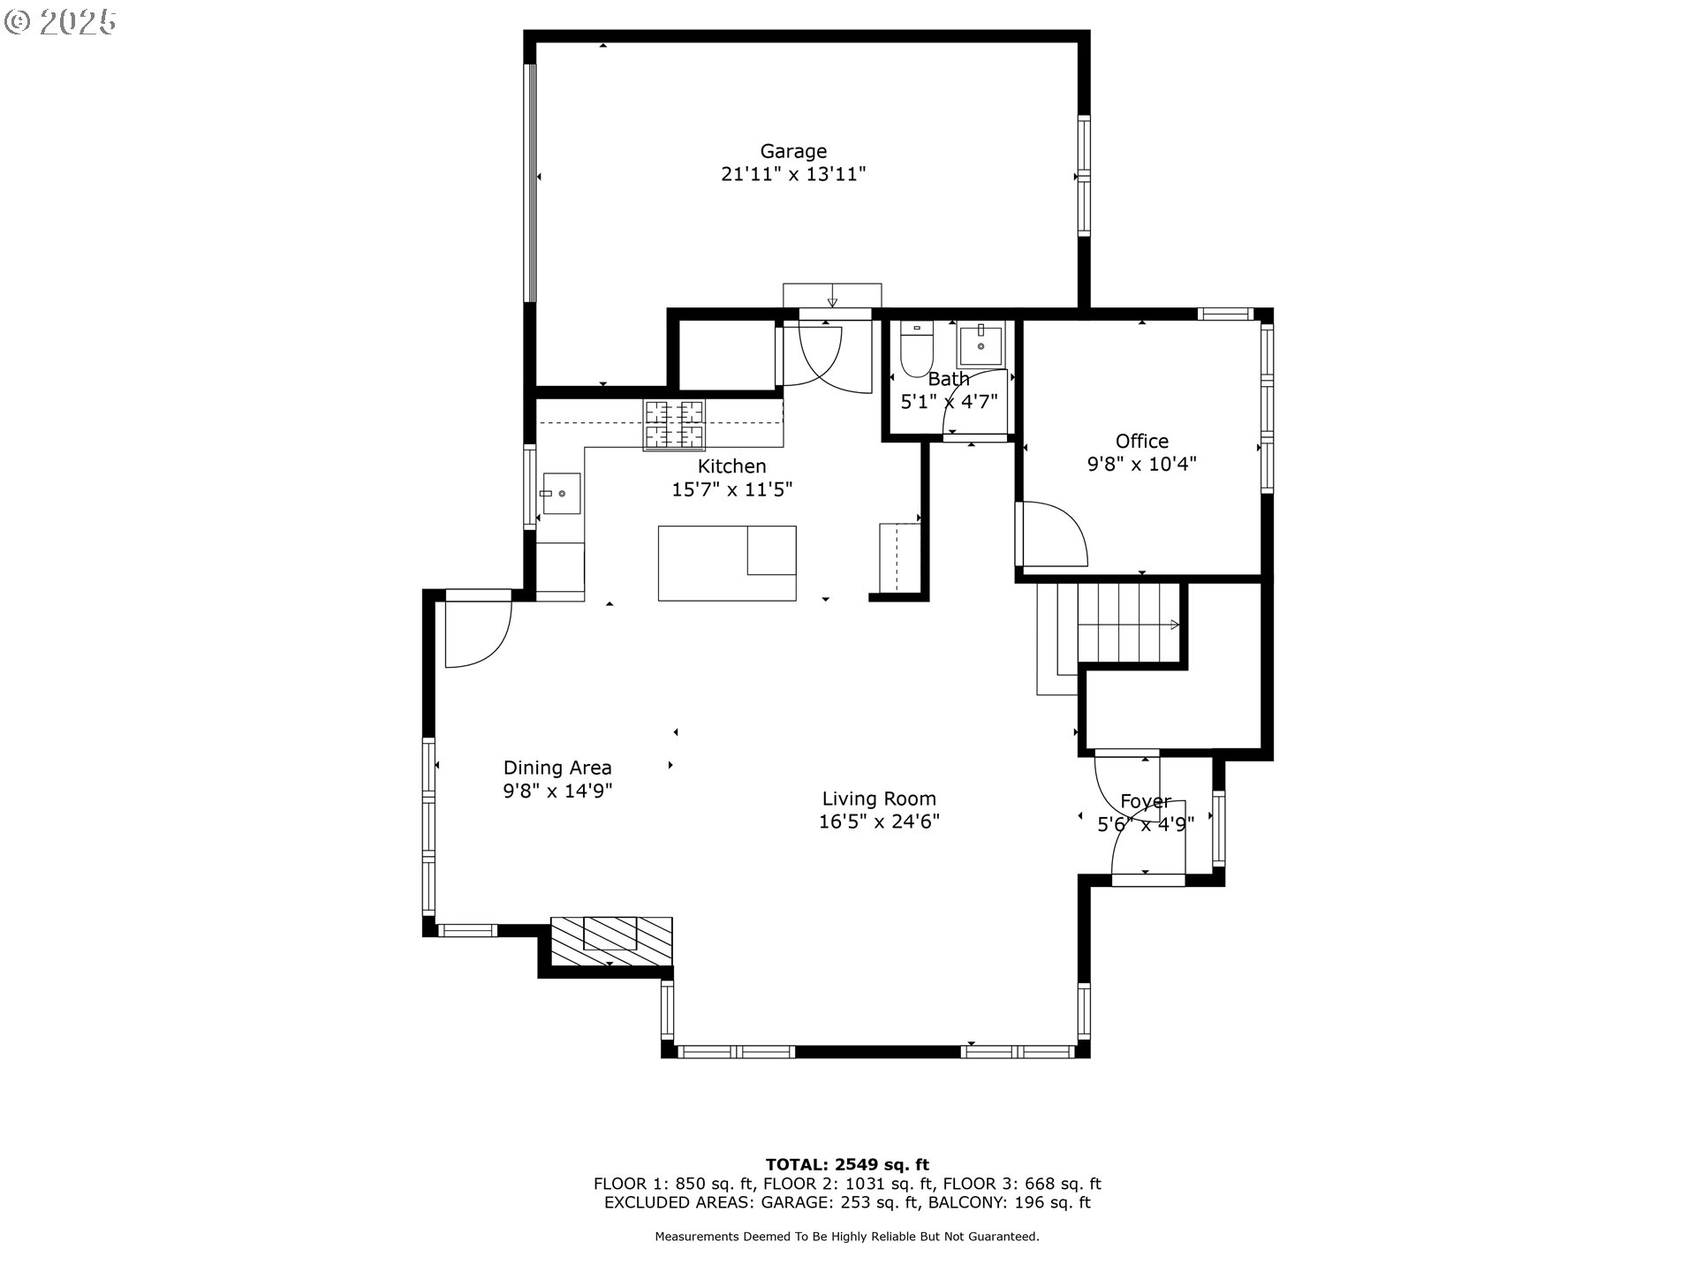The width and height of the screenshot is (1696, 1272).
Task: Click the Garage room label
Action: pos(793,151)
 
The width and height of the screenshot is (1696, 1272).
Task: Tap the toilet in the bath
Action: pos(916,350)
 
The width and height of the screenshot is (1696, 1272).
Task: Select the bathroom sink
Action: pos(980,345)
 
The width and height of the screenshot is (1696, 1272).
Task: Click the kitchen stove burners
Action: pos(674,424)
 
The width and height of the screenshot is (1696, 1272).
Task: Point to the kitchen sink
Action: pos(561,493)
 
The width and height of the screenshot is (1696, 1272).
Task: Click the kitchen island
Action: pos(726,564)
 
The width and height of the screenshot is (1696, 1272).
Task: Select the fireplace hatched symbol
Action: pos(611,940)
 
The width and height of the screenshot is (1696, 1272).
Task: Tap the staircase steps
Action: pos(1128,622)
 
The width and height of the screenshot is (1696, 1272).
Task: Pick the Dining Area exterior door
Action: pos(477,632)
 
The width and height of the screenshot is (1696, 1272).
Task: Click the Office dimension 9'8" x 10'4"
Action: pos(1141,464)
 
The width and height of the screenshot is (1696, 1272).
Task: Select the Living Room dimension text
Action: pos(878,821)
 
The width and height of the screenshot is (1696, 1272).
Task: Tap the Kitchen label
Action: pos(731,466)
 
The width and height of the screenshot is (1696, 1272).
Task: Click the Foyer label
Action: pos(1145,801)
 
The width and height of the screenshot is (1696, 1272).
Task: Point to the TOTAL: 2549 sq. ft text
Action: pos(846,1164)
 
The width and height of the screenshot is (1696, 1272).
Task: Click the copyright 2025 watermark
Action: pos(60,22)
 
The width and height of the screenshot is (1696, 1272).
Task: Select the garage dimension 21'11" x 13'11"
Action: pos(793,174)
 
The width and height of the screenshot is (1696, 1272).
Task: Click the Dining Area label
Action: pos(557,768)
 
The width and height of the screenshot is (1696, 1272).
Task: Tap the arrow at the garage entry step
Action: pos(832,300)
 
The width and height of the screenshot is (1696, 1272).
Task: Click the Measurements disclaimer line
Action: pos(846,1237)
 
